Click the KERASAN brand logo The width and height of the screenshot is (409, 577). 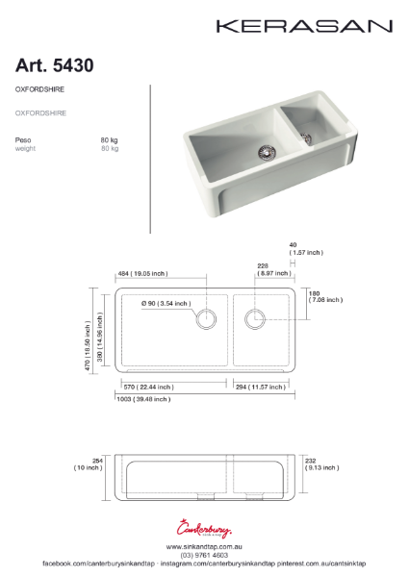pyautogui.click(x=303, y=26)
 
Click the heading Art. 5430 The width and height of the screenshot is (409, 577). pyautogui.click(x=54, y=65)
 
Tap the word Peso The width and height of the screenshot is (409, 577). pyautogui.click(x=23, y=140)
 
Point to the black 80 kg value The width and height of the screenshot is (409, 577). pyautogui.click(x=109, y=140)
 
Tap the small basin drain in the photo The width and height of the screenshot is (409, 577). pyautogui.click(x=308, y=138)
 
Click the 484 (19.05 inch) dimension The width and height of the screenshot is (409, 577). pyautogui.click(x=141, y=273)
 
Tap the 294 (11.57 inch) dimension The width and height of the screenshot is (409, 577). pyautogui.click(x=259, y=387)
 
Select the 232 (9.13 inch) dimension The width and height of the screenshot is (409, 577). pyautogui.click(x=321, y=464)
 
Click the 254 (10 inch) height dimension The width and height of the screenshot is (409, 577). pyautogui.click(x=88, y=464)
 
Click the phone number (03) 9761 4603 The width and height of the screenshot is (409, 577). pyautogui.click(x=204, y=554)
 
